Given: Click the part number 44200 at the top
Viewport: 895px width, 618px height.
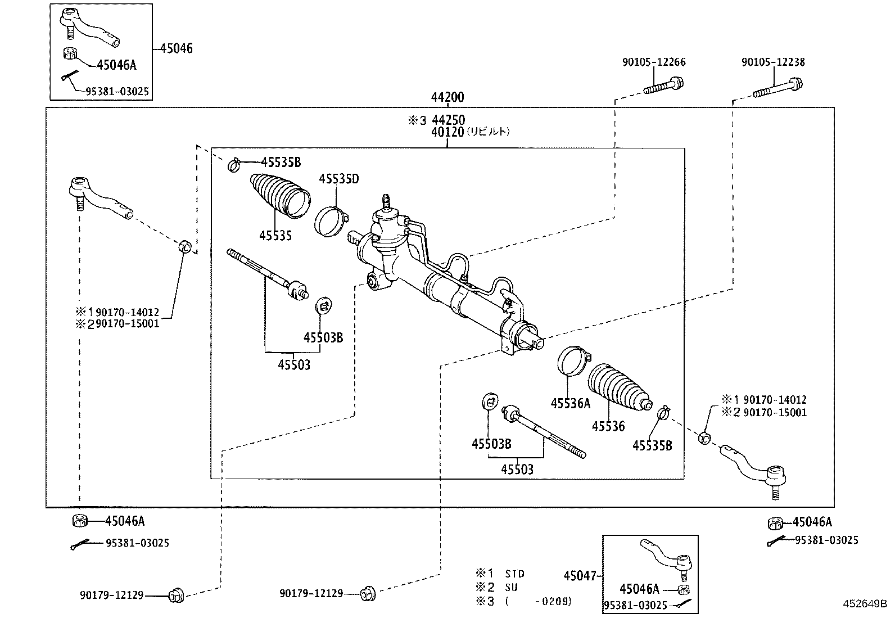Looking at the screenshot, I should (447, 97).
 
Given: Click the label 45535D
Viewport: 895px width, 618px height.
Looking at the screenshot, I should (338, 179).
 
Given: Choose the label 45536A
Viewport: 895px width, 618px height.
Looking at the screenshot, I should (571, 403).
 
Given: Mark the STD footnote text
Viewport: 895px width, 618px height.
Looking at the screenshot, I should (514, 574).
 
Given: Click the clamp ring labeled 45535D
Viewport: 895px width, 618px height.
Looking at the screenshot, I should (332, 222).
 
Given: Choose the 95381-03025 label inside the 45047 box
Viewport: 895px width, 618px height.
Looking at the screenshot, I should (636, 605).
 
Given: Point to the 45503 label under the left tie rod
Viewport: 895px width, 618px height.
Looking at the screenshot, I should (293, 364).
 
